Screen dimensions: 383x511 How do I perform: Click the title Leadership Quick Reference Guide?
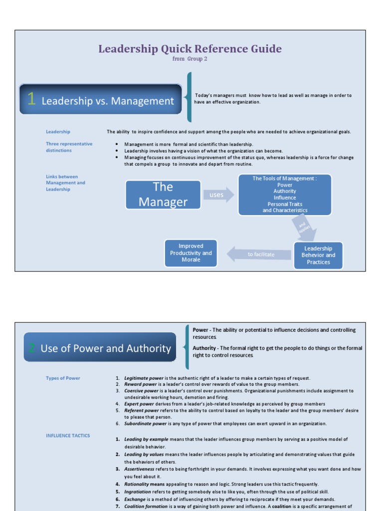190,49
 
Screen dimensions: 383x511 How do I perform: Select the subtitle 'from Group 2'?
190,59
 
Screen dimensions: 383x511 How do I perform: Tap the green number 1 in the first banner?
31,100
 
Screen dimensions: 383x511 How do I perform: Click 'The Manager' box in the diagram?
163,194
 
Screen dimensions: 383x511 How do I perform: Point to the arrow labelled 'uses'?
218,195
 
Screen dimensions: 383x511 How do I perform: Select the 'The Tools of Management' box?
284,195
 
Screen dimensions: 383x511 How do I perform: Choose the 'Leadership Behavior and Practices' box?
318,255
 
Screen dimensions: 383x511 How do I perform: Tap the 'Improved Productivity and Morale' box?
191,253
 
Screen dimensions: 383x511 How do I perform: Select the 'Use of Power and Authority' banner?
100,348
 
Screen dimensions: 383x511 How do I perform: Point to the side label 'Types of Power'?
63,378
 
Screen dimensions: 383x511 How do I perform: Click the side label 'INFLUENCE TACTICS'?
68,436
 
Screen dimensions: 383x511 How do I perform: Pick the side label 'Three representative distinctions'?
69,147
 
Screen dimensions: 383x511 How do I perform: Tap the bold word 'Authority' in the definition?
204,348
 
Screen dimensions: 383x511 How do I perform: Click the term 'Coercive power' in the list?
142,391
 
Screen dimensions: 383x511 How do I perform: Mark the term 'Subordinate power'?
145,424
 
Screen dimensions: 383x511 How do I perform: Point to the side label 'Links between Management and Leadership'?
65,183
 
